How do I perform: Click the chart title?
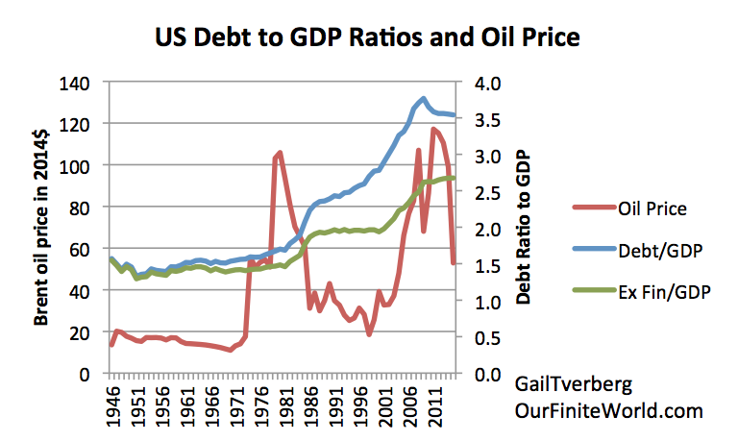pos(369,39)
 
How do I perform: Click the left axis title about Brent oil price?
pos(43,228)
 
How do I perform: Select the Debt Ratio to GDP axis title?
pos(525,228)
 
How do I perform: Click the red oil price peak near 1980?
pos(280,153)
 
